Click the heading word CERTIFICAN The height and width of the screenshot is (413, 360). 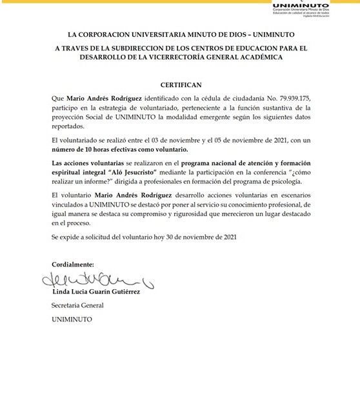click(x=180, y=85)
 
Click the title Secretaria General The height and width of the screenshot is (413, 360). click(x=77, y=305)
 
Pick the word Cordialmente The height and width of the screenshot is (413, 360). click(x=72, y=265)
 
